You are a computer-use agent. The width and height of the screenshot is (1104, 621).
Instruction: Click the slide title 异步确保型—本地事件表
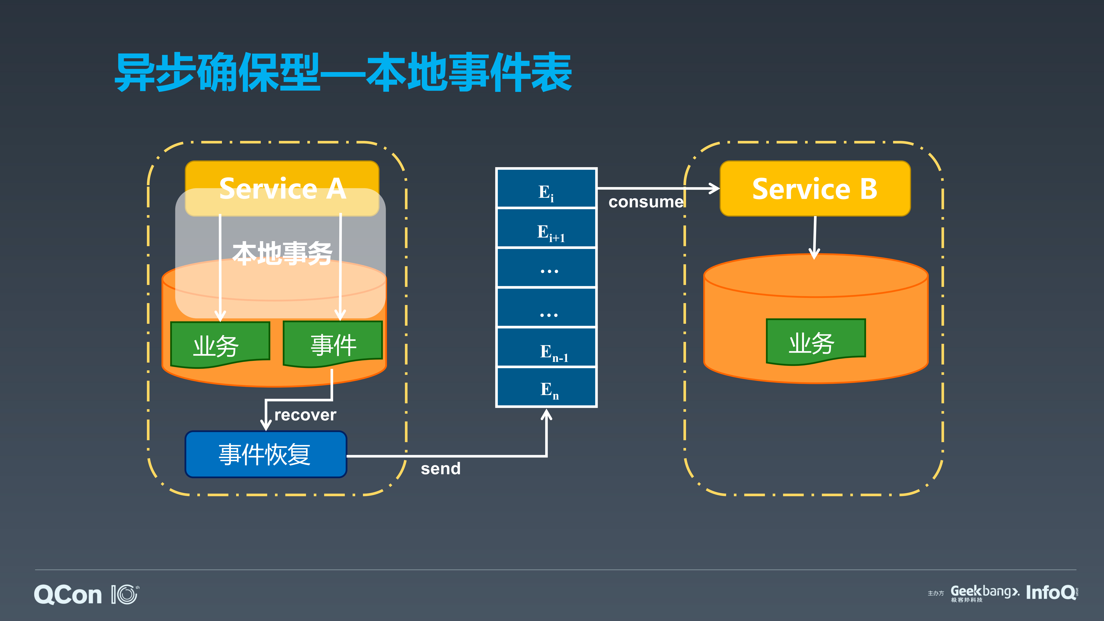(343, 72)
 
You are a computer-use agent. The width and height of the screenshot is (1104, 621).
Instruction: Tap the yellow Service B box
(815, 189)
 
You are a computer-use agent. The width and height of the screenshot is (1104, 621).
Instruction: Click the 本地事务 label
(282, 253)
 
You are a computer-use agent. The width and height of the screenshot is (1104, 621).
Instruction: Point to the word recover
(305, 415)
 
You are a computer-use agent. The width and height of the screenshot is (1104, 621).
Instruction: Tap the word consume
(645, 202)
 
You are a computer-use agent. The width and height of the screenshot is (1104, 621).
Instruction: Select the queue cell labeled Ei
(546, 189)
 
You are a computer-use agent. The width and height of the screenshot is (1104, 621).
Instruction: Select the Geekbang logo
(985, 593)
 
